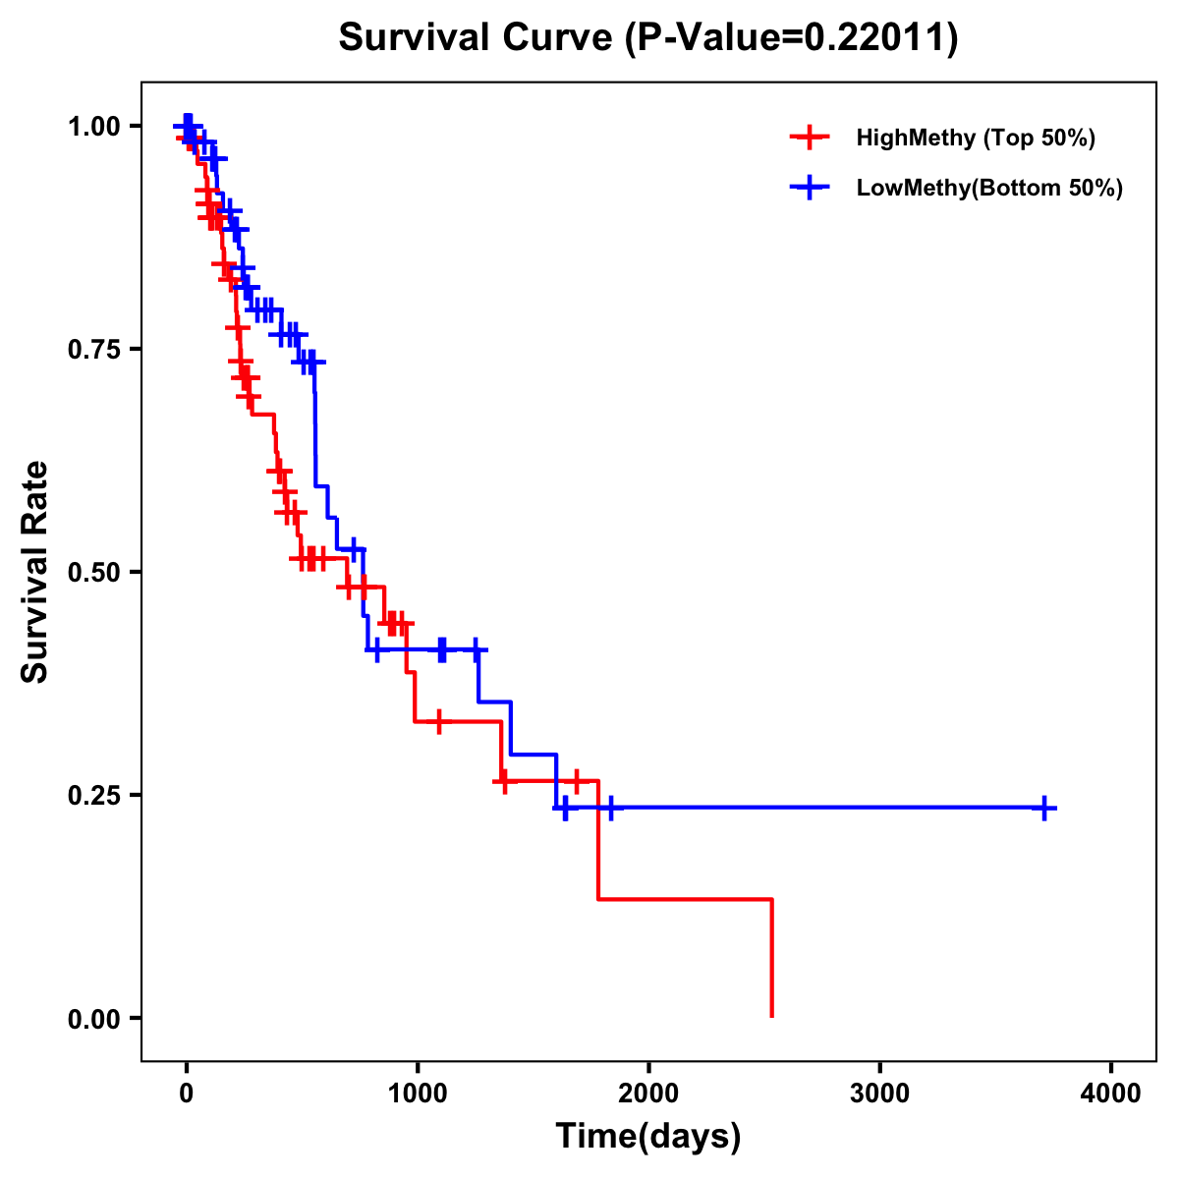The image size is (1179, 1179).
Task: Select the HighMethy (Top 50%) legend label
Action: tap(976, 138)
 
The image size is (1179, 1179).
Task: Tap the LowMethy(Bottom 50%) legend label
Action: tap(989, 188)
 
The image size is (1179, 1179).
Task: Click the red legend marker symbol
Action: tap(809, 138)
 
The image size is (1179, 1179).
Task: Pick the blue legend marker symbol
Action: tap(809, 188)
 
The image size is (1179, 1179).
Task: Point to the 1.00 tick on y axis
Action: tap(93, 126)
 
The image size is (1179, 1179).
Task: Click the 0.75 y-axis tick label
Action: tap(93, 349)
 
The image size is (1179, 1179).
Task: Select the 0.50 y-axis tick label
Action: tap(93, 572)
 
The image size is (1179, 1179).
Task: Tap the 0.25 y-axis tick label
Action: tap(93, 795)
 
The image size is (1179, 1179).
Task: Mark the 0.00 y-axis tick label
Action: tap(93, 1018)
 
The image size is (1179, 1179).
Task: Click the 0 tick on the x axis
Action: tap(186, 1092)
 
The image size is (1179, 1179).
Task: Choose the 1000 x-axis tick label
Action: tap(418, 1092)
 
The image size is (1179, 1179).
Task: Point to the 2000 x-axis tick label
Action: tap(648, 1092)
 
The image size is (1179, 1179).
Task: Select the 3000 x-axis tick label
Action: tap(879, 1092)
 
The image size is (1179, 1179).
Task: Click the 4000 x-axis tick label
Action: tap(1111, 1092)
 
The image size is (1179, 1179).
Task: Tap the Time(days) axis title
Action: tap(648, 1137)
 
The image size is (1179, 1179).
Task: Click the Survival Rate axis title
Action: tap(35, 571)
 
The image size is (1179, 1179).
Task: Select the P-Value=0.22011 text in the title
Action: tap(791, 37)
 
